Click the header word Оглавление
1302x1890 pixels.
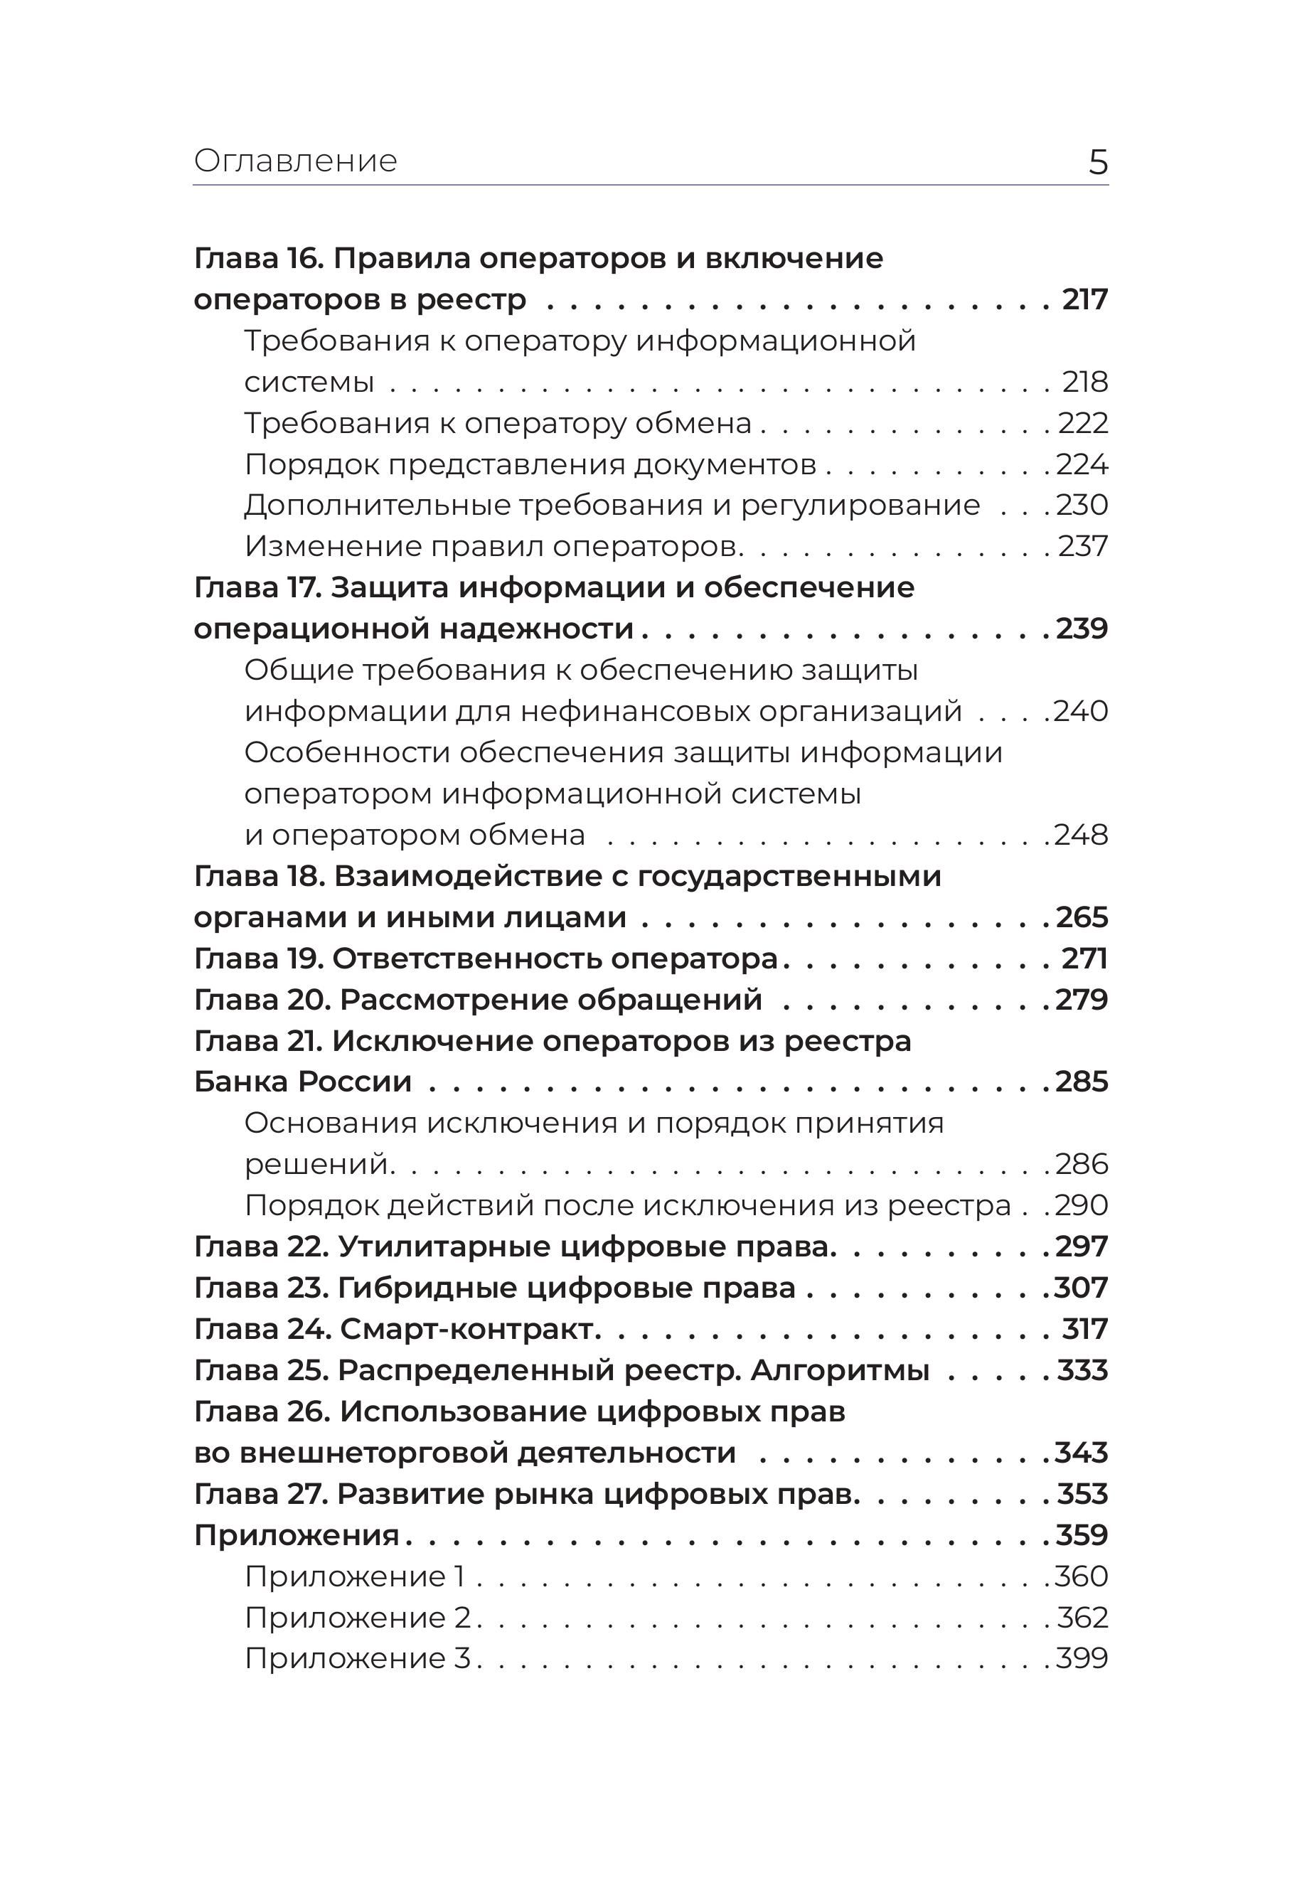(295, 161)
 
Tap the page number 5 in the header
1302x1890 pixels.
(1098, 162)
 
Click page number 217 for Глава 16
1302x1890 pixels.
(1085, 299)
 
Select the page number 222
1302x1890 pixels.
(1084, 422)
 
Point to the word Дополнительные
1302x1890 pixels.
(376, 505)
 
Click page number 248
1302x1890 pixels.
(1081, 835)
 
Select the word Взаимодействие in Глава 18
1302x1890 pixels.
(473, 876)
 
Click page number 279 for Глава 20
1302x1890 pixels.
(1082, 999)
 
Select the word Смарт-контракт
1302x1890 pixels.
(470, 1329)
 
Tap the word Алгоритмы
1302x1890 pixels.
(840, 1370)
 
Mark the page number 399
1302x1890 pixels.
(1082, 1658)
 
